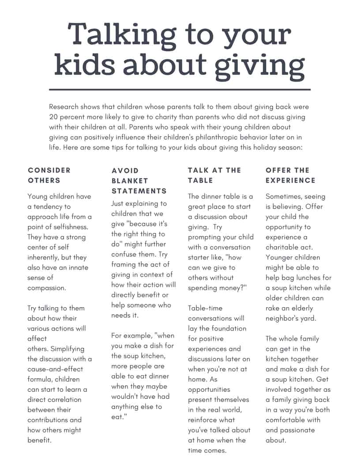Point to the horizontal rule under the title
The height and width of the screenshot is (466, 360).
point(180,90)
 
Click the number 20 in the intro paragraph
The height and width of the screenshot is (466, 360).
point(54,117)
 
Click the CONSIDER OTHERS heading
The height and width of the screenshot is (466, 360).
point(49,175)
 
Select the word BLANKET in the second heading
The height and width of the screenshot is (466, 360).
point(130,181)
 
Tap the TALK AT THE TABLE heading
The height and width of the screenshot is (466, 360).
point(214,175)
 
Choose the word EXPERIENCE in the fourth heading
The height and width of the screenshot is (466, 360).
point(290,180)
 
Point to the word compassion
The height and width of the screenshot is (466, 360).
point(46,288)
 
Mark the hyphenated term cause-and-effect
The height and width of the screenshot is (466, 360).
point(55,369)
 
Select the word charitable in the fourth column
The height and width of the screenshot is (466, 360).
point(282,247)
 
